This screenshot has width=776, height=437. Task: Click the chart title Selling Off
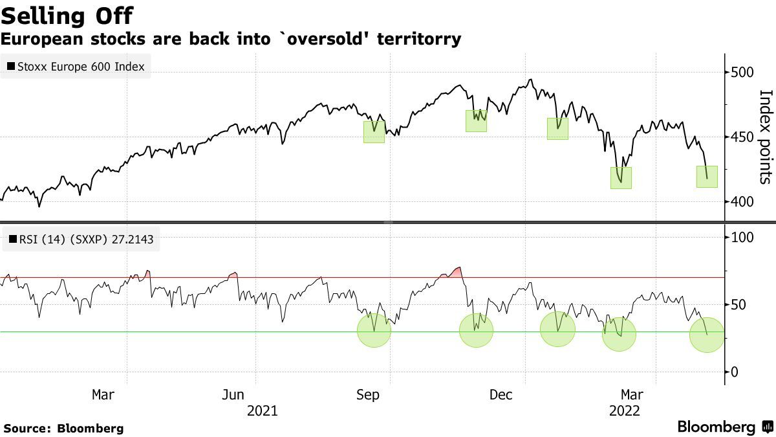(x=67, y=14)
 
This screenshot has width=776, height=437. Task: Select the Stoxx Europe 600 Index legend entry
(x=76, y=66)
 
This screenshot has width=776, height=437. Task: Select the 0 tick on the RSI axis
(x=735, y=372)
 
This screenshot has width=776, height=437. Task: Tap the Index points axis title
(x=764, y=137)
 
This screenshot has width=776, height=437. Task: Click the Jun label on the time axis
(x=233, y=394)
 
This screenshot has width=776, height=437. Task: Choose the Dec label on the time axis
(x=501, y=394)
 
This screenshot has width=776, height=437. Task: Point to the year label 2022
(x=625, y=411)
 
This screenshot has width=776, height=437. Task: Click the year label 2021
(x=262, y=411)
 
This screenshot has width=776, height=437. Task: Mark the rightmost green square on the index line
(x=707, y=177)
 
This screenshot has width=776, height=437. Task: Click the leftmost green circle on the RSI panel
(x=374, y=330)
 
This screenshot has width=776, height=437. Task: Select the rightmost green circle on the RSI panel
(x=707, y=335)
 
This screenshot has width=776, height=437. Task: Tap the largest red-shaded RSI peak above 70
(x=455, y=273)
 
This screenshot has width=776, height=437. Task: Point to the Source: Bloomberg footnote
(x=63, y=428)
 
